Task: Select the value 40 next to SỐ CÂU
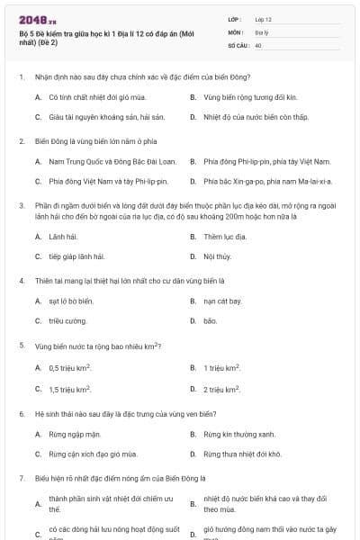(x=258, y=44)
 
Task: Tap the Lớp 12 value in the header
(x=263, y=19)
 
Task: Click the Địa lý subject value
(x=261, y=31)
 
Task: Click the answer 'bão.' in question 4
(x=211, y=320)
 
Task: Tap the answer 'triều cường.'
(x=67, y=320)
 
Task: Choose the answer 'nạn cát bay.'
(x=222, y=301)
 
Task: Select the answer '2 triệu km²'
(x=221, y=388)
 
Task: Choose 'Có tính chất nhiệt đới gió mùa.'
(x=91, y=95)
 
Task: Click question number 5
(x=21, y=345)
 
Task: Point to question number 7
(x=21, y=476)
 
